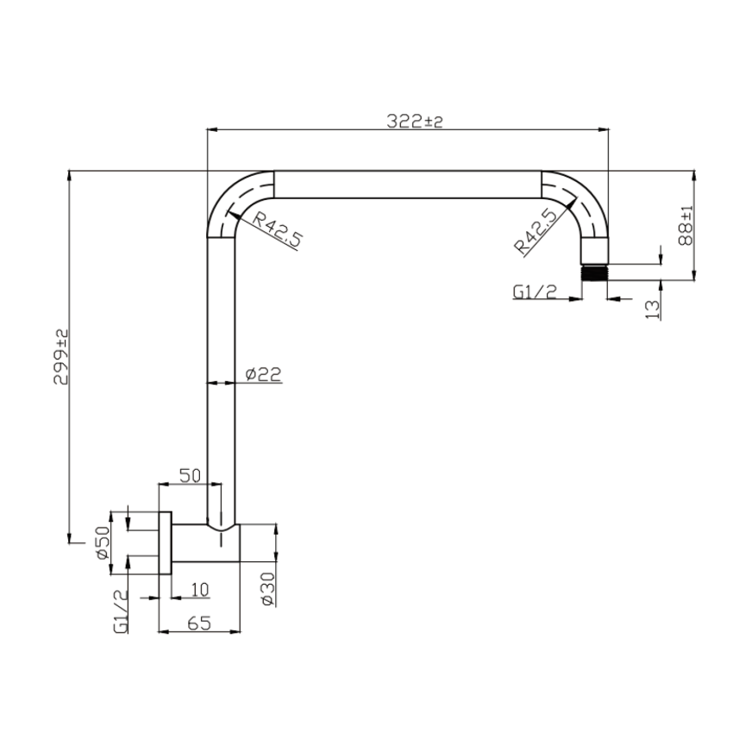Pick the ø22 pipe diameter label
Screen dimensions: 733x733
pos(262,374)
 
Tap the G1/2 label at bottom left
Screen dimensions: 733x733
pos(120,611)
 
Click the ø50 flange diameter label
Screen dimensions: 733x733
pos(103,543)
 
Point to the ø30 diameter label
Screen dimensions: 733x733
pos(267,588)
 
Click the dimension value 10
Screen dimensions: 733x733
pos(199,590)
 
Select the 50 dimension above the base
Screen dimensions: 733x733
pos(190,475)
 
